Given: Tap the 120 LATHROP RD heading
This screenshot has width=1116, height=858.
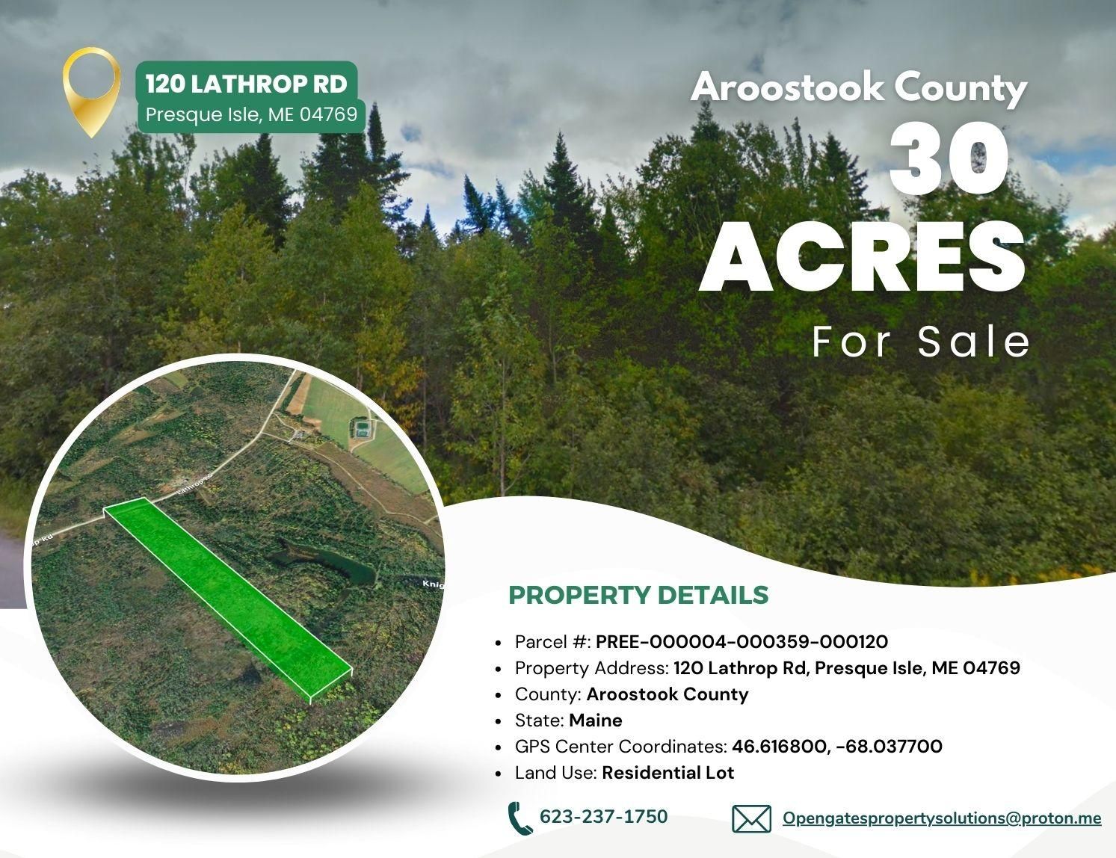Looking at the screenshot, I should [247, 84].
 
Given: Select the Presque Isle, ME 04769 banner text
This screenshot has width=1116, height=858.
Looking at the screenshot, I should [251, 115].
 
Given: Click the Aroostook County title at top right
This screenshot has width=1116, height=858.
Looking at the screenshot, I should [859, 88].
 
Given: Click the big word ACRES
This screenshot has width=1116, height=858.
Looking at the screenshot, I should [863, 255].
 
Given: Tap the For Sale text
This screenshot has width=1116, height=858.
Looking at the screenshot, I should [921, 341].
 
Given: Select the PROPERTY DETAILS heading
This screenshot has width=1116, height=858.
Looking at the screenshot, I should [638, 595].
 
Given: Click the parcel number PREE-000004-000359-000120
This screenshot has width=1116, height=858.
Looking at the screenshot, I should [742, 642].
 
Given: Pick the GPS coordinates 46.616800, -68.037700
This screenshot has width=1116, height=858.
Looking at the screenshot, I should [837, 746].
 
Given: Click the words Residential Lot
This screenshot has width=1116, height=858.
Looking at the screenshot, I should [668, 772].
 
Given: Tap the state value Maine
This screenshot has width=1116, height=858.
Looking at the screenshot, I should [595, 720].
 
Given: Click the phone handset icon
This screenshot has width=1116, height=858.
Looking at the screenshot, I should [519, 818].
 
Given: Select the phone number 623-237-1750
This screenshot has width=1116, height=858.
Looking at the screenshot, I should [603, 817].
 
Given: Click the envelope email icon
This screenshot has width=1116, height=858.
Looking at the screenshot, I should [751, 819].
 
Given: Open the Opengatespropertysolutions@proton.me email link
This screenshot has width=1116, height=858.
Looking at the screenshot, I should [942, 818].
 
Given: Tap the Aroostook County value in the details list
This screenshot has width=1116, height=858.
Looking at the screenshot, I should [667, 694].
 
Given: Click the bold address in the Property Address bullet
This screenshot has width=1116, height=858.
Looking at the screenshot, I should [846, 667].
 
